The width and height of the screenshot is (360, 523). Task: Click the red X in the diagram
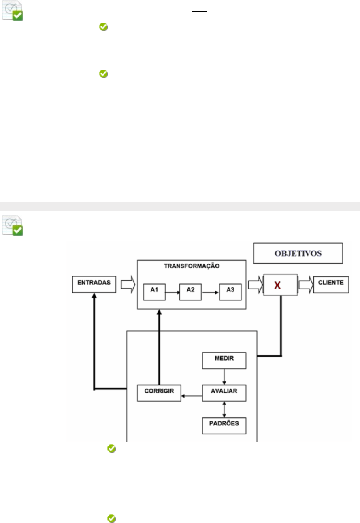coord(277,285)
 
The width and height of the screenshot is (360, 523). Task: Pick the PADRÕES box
coord(224,424)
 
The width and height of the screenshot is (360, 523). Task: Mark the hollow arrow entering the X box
coord(255,285)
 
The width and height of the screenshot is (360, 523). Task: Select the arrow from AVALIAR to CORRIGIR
coord(192,396)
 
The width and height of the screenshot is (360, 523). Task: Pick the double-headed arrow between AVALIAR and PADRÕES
coord(224,409)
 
